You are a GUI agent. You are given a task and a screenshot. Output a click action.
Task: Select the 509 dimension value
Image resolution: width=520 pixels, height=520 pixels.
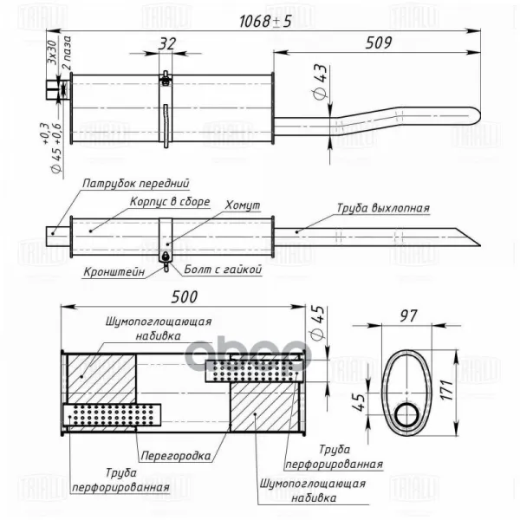click(x=380, y=41)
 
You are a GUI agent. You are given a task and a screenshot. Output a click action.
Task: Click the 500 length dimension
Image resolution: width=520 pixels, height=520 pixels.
click(x=185, y=296)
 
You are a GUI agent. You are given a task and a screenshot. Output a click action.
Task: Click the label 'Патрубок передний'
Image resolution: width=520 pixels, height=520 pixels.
click(x=136, y=184)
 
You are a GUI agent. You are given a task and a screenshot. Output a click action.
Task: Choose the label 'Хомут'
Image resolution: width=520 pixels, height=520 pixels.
click(x=242, y=205)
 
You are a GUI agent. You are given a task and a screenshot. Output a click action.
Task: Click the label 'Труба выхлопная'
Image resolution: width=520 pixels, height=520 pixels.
click(x=383, y=208)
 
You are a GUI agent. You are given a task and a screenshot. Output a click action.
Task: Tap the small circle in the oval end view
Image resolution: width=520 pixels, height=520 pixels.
click(x=406, y=416)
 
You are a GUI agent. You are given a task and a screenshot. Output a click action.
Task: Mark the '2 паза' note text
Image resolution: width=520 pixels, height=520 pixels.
click(x=63, y=59)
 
